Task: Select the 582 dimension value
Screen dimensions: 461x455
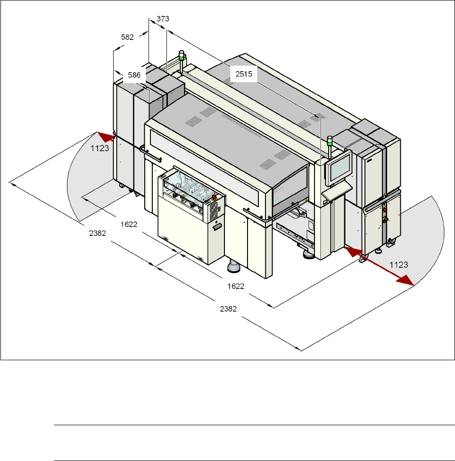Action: tap(127, 36)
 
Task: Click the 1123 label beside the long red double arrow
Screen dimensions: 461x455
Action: tap(399, 266)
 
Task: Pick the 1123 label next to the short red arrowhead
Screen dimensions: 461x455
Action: tap(100, 148)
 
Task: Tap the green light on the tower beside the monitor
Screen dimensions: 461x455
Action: tap(330, 139)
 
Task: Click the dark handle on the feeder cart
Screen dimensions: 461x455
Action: tap(217, 227)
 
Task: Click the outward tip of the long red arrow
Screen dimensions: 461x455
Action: tap(411, 284)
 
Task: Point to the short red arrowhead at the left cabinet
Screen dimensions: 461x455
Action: tap(108, 137)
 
